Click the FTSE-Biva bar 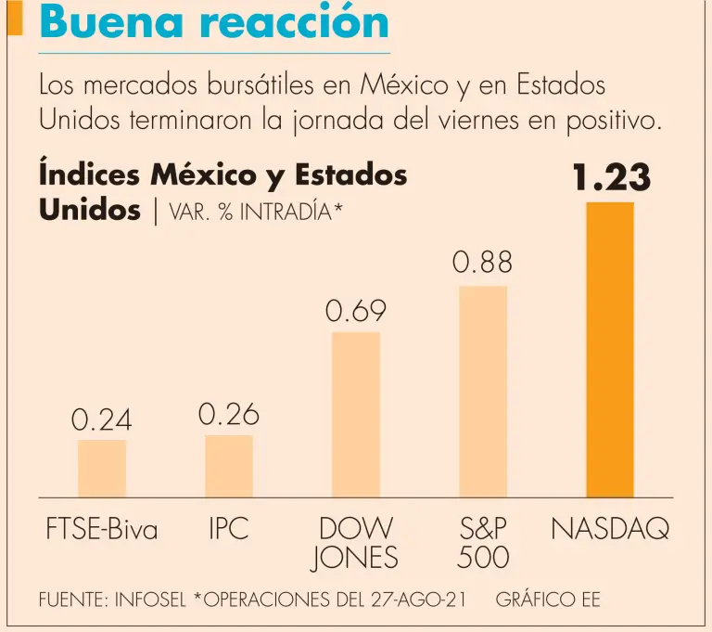(x=102, y=469)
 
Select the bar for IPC (x=229, y=466)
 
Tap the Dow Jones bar (x=356, y=414)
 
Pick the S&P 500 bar (x=483, y=391)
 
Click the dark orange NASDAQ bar (x=610, y=349)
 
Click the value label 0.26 (x=229, y=415)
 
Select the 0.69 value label (x=356, y=313)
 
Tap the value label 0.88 (x=482, y=264)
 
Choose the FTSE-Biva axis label (x=102, y=530)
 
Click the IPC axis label (x=228, y=530)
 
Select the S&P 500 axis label (x=482, y=543)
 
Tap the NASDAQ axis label (x=610, y=530)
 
